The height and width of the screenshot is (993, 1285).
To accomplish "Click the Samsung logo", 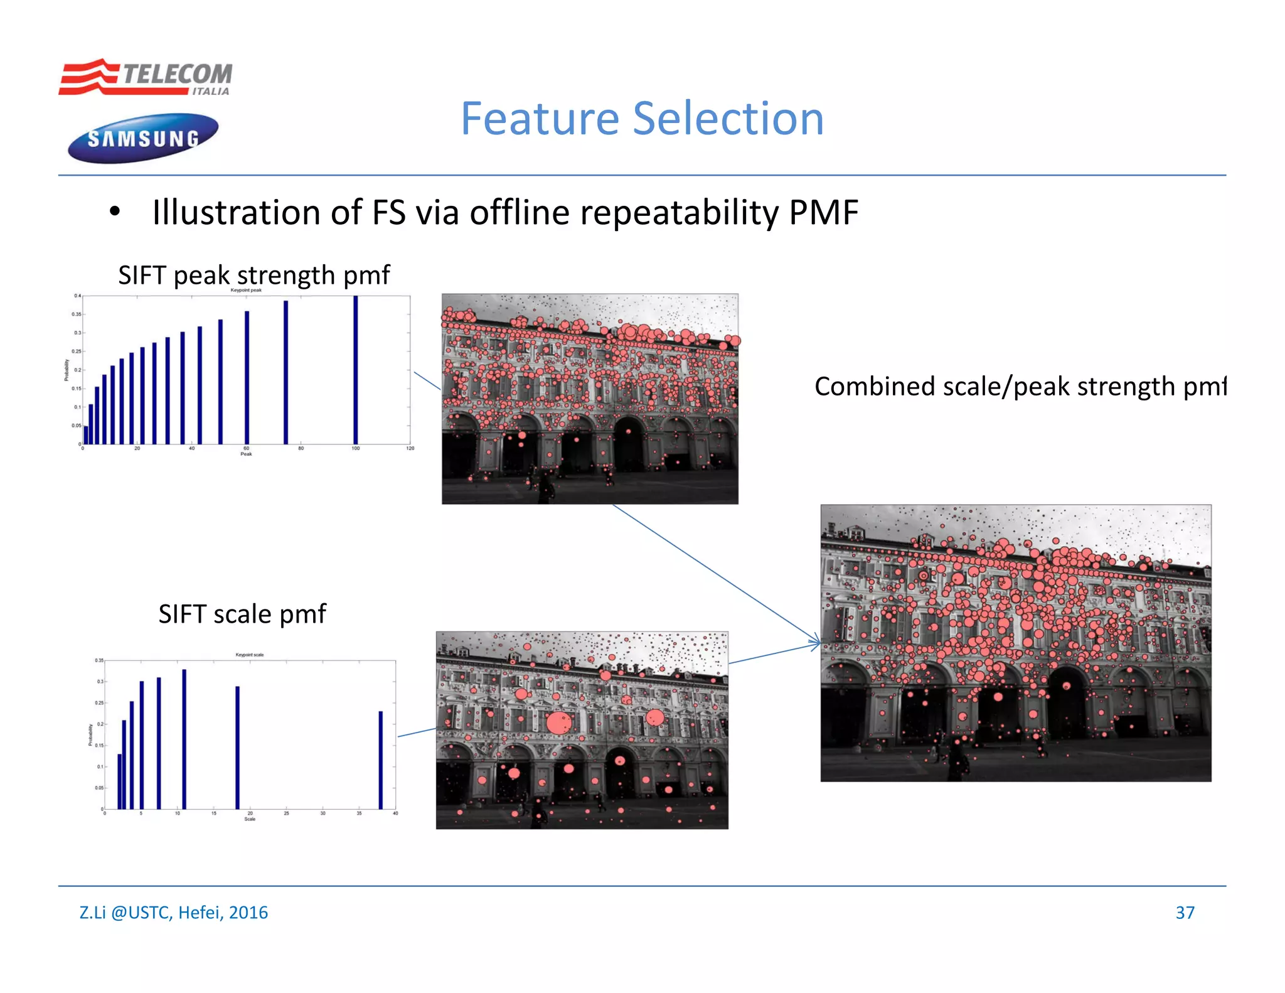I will (143, 138).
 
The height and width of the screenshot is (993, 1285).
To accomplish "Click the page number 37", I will (1185, 912).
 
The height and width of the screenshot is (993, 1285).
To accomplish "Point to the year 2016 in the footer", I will (248, 912).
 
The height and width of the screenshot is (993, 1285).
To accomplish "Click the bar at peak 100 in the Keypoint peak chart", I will (356, 370).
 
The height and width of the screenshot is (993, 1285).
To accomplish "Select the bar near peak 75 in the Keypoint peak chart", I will (286, 373).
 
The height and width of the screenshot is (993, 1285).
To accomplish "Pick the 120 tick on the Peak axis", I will (410, 448).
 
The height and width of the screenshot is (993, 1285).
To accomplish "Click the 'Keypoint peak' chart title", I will (246, 290).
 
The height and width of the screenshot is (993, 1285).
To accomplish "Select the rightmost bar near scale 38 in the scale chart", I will (381, 760).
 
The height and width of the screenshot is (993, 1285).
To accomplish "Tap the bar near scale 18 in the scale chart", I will (238, 747).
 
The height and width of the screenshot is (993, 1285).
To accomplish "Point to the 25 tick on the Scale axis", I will (286, 813).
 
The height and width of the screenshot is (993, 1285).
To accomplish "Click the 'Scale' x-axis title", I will (250, 819).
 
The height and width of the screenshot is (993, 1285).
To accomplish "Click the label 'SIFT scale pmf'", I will (242, 614).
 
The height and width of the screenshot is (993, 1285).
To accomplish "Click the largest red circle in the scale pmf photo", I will (559, 723).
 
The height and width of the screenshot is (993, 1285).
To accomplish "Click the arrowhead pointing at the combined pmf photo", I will (816, 643).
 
